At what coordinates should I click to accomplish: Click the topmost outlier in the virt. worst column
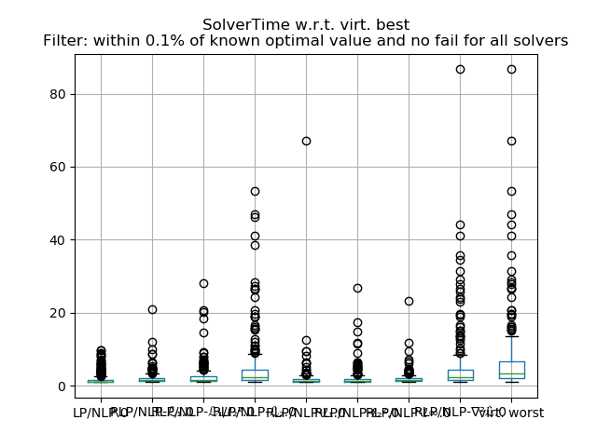point(511,69)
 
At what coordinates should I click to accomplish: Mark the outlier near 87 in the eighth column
point(460,69)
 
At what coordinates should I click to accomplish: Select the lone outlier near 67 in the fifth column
point(306,141)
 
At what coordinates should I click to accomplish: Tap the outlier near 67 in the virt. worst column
point(511,141)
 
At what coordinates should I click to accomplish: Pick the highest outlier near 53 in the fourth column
point(255,191)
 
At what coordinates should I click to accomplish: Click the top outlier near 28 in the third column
point(203,283)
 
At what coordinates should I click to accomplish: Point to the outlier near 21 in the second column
point(152,309)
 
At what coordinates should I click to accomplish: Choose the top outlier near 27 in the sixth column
point(357,288)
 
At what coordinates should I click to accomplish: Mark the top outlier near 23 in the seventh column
point(409,301)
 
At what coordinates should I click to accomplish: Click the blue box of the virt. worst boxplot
point(511,369)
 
